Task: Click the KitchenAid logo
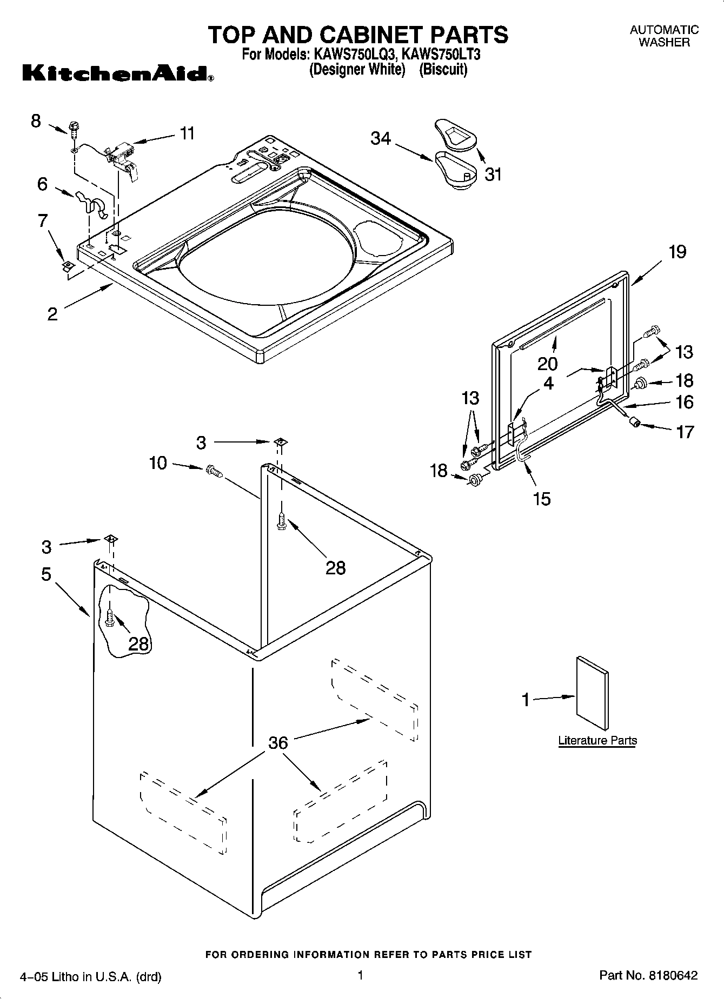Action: point(117,73)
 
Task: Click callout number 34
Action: point(381,139)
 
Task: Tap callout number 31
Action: point(493,175)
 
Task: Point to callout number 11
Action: point(187,133)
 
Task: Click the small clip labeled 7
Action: point(68,265)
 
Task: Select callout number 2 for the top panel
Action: point(52,314)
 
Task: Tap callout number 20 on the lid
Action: point(548,363)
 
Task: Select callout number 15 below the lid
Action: point(541,498)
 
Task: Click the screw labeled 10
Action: point(214,472)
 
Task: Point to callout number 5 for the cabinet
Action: point(47,574)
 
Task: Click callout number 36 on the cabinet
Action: point(278,743)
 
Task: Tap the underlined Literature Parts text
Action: point(597,740)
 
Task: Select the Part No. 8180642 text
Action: point(648,975)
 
